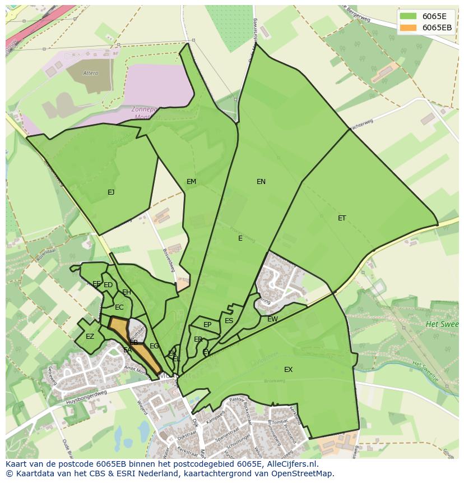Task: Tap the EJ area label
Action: click(111, 192)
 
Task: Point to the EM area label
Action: click(192, 181)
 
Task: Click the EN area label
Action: click(261, 181)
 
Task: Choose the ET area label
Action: click(342, 218)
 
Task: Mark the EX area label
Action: click(288, 370)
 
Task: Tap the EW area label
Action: click(272, 319)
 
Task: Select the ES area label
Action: click(229, 321)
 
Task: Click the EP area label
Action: click(207, 325)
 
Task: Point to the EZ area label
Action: click(90, 337)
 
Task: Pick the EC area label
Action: click(119, 307)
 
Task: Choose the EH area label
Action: click(127, 292)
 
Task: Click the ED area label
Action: click(108, 285)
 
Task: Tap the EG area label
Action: click(154, 346)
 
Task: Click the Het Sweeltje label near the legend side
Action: click(442, 324)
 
